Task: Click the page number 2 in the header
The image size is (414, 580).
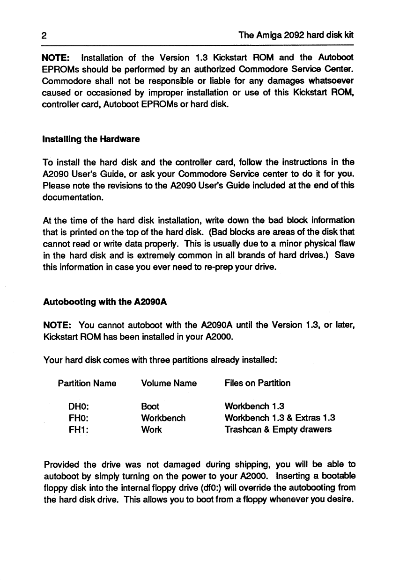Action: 43,35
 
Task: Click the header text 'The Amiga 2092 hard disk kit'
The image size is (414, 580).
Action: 296,35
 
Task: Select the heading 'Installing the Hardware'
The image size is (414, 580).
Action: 91,139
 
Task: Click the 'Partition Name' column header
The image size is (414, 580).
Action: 87,383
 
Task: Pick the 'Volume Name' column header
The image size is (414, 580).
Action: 169,383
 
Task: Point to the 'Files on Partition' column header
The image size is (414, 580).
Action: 258,383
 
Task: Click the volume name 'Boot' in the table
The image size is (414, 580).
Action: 150,406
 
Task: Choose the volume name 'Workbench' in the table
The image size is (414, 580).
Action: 163,418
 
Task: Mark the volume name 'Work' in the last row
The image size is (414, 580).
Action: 151,429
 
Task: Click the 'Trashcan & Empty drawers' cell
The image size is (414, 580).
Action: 278,429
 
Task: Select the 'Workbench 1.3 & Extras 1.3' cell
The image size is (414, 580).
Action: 280,418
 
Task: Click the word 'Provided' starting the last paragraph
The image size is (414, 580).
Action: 61,465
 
